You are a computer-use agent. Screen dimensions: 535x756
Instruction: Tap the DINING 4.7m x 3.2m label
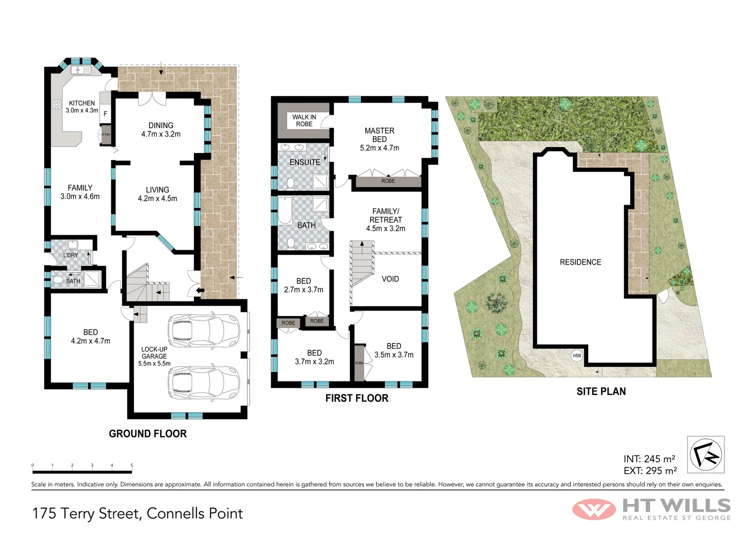tap(161, 130)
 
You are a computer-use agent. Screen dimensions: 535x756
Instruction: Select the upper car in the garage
tap(203, 329)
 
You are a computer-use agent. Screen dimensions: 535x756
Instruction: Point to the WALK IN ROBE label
tap(304, 120)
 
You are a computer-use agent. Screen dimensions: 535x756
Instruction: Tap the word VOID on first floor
tap(390, 279)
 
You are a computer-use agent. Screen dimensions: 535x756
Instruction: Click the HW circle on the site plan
tap(577, 356)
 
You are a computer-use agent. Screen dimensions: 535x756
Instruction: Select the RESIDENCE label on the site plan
tap(580, 262)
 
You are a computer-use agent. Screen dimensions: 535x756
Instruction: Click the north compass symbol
tap(706, 455)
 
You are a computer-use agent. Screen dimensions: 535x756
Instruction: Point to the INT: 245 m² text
tap(649, 459)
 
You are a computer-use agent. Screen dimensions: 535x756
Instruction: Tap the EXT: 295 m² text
tap(650, 471)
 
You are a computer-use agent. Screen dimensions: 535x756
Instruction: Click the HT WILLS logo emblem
tap(594, 509)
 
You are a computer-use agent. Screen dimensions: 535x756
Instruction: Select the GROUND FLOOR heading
tap(147, 434)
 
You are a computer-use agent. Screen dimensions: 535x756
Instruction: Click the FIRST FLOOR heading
tap(357, 398)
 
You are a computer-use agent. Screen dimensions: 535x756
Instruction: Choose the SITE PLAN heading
tap(601, 392)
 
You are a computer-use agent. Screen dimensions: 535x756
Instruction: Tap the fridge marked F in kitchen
tap(105, 114)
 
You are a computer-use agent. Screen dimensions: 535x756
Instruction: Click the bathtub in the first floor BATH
tap(285, 211)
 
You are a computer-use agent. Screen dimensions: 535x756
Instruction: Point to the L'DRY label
tap(71, 255)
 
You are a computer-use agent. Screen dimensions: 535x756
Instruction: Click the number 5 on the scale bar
tap(132, 466)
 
